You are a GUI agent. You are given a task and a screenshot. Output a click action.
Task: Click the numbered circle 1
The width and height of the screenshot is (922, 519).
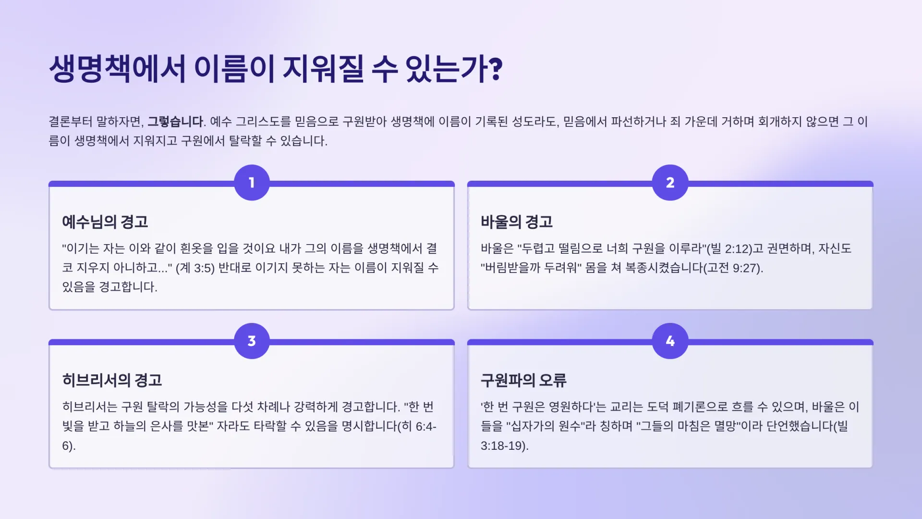252,183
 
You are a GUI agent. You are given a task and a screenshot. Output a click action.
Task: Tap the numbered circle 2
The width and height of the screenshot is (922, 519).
670,183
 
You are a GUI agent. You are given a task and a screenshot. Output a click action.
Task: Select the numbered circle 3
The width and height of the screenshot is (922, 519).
252,341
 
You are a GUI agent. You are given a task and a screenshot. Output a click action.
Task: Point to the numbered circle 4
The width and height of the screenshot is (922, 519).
670,341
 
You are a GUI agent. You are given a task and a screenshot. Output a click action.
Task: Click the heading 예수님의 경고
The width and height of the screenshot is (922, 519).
105,222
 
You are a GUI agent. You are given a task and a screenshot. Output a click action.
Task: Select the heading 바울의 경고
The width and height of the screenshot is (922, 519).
517,222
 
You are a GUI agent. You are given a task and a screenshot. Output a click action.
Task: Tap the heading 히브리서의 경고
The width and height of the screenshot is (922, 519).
112,380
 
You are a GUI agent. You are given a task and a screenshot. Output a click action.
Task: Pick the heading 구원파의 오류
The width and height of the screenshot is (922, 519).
523,380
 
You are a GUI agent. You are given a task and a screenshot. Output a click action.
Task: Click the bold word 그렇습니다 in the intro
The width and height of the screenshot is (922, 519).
175,122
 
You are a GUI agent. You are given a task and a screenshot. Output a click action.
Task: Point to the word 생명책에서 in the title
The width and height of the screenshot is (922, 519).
118,69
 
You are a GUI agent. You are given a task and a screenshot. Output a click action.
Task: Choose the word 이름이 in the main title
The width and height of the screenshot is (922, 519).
234,69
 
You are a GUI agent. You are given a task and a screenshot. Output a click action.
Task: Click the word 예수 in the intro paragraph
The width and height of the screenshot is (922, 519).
221,122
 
